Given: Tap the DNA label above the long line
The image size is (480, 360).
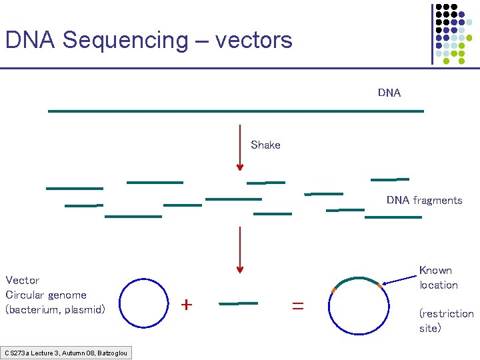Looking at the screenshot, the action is (389, 93).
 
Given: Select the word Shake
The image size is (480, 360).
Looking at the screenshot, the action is (265, 145).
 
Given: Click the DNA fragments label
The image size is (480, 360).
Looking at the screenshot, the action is (424, 200).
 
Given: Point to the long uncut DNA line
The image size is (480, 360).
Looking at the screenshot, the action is (236, 111).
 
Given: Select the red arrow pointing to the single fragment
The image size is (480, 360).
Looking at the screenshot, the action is (240, 250).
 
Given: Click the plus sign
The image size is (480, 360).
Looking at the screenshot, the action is (187, 305).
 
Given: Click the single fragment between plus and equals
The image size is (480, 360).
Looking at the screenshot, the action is (238, 303).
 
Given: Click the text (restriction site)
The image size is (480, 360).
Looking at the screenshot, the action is (446, 321).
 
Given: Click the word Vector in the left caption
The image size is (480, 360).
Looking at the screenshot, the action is (23, 280).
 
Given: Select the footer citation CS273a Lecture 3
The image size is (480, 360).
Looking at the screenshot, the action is (66, 353).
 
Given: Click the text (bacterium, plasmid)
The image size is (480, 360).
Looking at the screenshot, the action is (55, 309).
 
